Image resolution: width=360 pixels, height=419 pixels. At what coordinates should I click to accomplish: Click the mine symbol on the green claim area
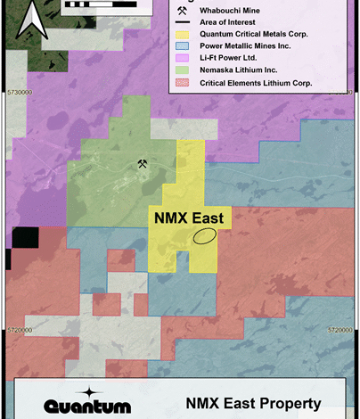click(x=142, y=163)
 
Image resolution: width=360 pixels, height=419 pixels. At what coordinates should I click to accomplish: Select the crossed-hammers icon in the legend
click(x=183, y=10)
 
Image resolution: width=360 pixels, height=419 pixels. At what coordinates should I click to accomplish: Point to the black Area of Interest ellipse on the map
click(x=205, y=235)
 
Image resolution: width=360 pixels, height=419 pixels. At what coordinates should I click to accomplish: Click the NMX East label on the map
click(x=189, y=217)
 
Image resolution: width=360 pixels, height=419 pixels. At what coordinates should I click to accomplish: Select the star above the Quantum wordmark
click(x=87, y=391)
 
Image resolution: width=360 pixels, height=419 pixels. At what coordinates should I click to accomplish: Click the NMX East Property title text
click(x=253, y=404)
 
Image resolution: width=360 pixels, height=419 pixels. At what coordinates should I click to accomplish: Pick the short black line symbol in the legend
click(x=183, y=23)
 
